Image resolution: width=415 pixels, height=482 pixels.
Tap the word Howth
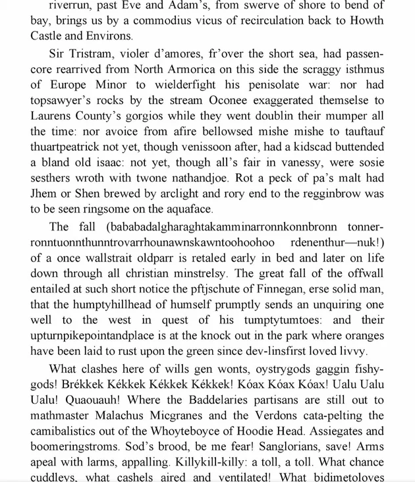point(366,20)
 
